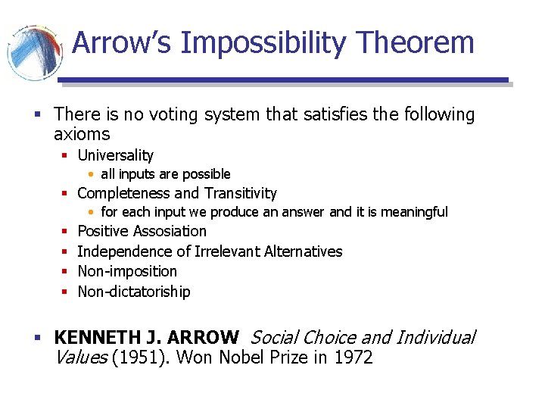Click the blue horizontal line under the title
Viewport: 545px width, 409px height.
coord(283,80)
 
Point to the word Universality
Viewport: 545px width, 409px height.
coord(115,155)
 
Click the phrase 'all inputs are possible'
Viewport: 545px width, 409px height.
coord(165,174)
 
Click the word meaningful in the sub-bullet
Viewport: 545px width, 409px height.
coord(414,212)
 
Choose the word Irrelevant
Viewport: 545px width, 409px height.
coord(224,251)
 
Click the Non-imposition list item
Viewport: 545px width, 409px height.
coord(127,271)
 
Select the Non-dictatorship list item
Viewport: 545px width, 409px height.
coord(134,292)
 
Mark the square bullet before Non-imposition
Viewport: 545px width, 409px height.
coord(66,272)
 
